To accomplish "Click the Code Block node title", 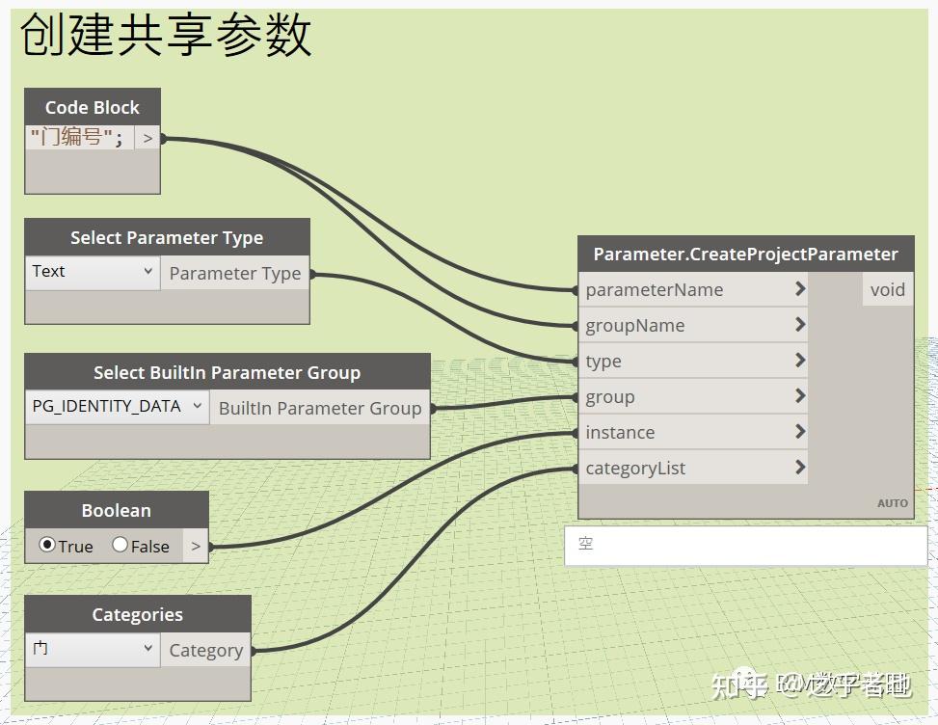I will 92,107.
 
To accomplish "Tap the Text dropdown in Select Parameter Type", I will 93,272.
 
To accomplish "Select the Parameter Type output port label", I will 234,274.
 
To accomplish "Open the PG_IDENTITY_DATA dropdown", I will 117,406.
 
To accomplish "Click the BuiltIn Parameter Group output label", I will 319,408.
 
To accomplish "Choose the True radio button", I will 46,546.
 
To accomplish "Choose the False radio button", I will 121,546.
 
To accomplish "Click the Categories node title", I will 137,614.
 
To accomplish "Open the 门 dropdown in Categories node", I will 93,649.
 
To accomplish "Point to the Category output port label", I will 205,650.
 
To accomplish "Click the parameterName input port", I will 655,289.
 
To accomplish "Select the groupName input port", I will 635,325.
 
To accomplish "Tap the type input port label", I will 603,361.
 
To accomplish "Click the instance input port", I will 620,432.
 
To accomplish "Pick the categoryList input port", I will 635,468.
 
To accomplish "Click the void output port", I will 887,289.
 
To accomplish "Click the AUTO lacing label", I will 892,503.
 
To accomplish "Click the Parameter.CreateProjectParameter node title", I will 745,254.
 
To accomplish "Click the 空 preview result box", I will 744,545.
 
